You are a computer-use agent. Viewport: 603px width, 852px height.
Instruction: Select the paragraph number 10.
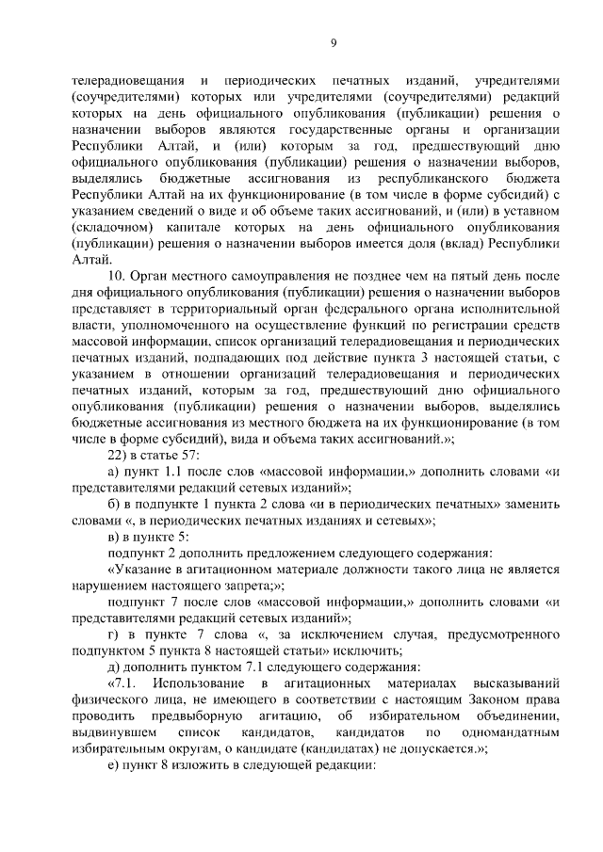pyautogui.click(x=117, y=275)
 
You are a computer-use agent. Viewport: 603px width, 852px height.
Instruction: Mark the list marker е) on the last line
pyautogui.click(x=114, y=766)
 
